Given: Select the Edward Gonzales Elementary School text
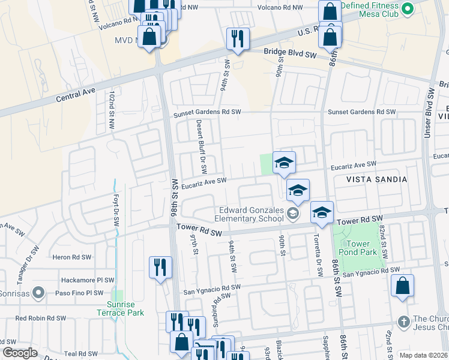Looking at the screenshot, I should click(x=250, y=214).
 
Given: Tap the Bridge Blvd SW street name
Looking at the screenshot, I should click(x=290, y=53).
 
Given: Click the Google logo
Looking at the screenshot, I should click(x=20, y=353).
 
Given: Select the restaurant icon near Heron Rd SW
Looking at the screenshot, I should click(x=160, y=267).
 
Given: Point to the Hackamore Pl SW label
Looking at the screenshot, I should click(x=88, y=280).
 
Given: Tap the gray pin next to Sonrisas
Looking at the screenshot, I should click(x=39, y=293).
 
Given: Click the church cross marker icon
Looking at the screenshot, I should click(x=403, y=322).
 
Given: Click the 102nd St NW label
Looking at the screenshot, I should click(x=112, y=110).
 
